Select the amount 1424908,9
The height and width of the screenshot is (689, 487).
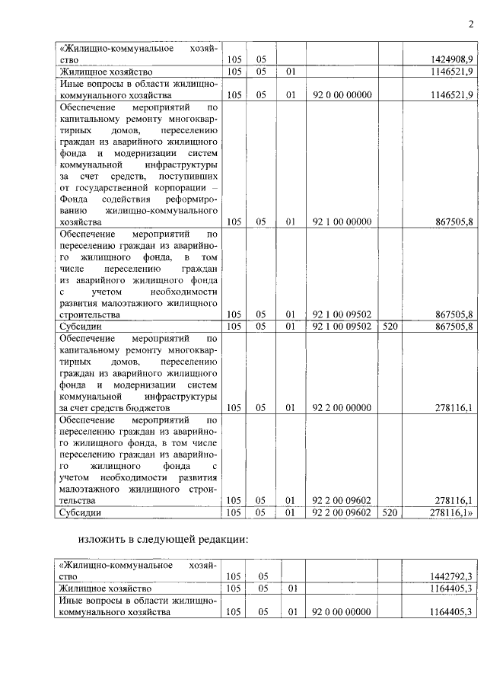pyautogui.click(x=452, y=59)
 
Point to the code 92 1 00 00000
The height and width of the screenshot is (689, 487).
pyautogui.click(x=342, y=222)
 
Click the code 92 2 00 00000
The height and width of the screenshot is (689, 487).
pyautogui.click(x=342, y=408)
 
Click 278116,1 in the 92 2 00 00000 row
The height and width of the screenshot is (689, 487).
pyautogui.click(x=452, y=408)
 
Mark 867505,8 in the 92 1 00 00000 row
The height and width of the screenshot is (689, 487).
pyautogui.click(x=452, y=222)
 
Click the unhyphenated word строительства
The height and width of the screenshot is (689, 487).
pyautogui.click(x=90, y=314)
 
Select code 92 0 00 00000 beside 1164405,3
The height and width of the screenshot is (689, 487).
pyautogui.click(x=342, y=612)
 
